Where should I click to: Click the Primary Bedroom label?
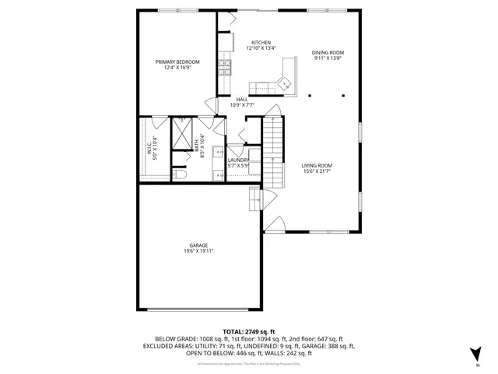(177, 62)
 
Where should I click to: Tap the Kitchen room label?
(260, 42)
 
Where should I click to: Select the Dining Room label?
(328, 52)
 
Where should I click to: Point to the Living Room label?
(317, 165)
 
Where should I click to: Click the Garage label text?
(198, 245)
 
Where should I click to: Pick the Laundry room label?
(237, 159)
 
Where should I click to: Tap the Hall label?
(242, 99)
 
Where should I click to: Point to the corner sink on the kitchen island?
(284, 81)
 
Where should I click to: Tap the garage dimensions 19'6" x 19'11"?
(198, 252)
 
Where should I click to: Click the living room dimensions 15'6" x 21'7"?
(317, 172)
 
